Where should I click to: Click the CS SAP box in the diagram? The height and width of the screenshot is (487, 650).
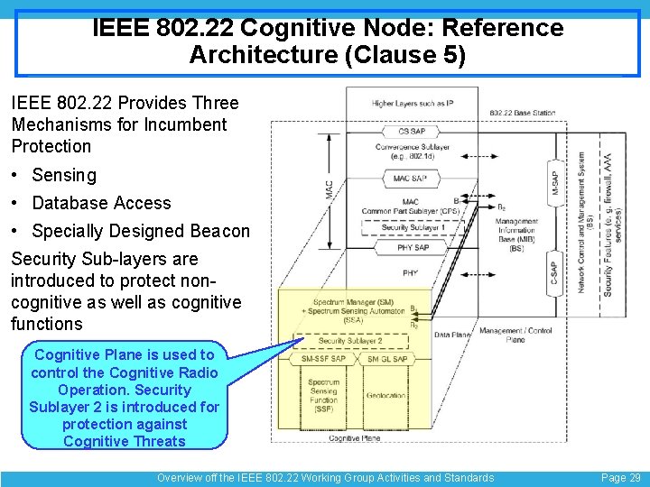[412, 132]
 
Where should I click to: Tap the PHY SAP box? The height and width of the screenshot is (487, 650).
[412, 247]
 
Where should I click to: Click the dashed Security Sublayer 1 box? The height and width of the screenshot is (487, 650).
[412, 228]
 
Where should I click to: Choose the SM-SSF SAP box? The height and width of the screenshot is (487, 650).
[324, 359]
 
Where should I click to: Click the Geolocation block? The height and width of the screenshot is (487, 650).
[386, 396]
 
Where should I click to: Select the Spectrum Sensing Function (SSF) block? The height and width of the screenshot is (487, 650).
[323, 396]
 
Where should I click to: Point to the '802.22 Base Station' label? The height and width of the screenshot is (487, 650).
[522, 113]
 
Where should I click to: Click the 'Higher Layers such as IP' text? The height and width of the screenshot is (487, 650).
[412, 104]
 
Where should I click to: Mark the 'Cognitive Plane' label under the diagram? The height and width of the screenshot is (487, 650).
[354, 438]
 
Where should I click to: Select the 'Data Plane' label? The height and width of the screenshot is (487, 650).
[451, 335]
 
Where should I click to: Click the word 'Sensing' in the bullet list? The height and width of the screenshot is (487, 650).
[63, 175]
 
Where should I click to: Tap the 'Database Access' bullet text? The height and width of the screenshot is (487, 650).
[101, 203]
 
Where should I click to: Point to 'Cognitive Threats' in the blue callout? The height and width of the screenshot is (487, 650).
[125, 441]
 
